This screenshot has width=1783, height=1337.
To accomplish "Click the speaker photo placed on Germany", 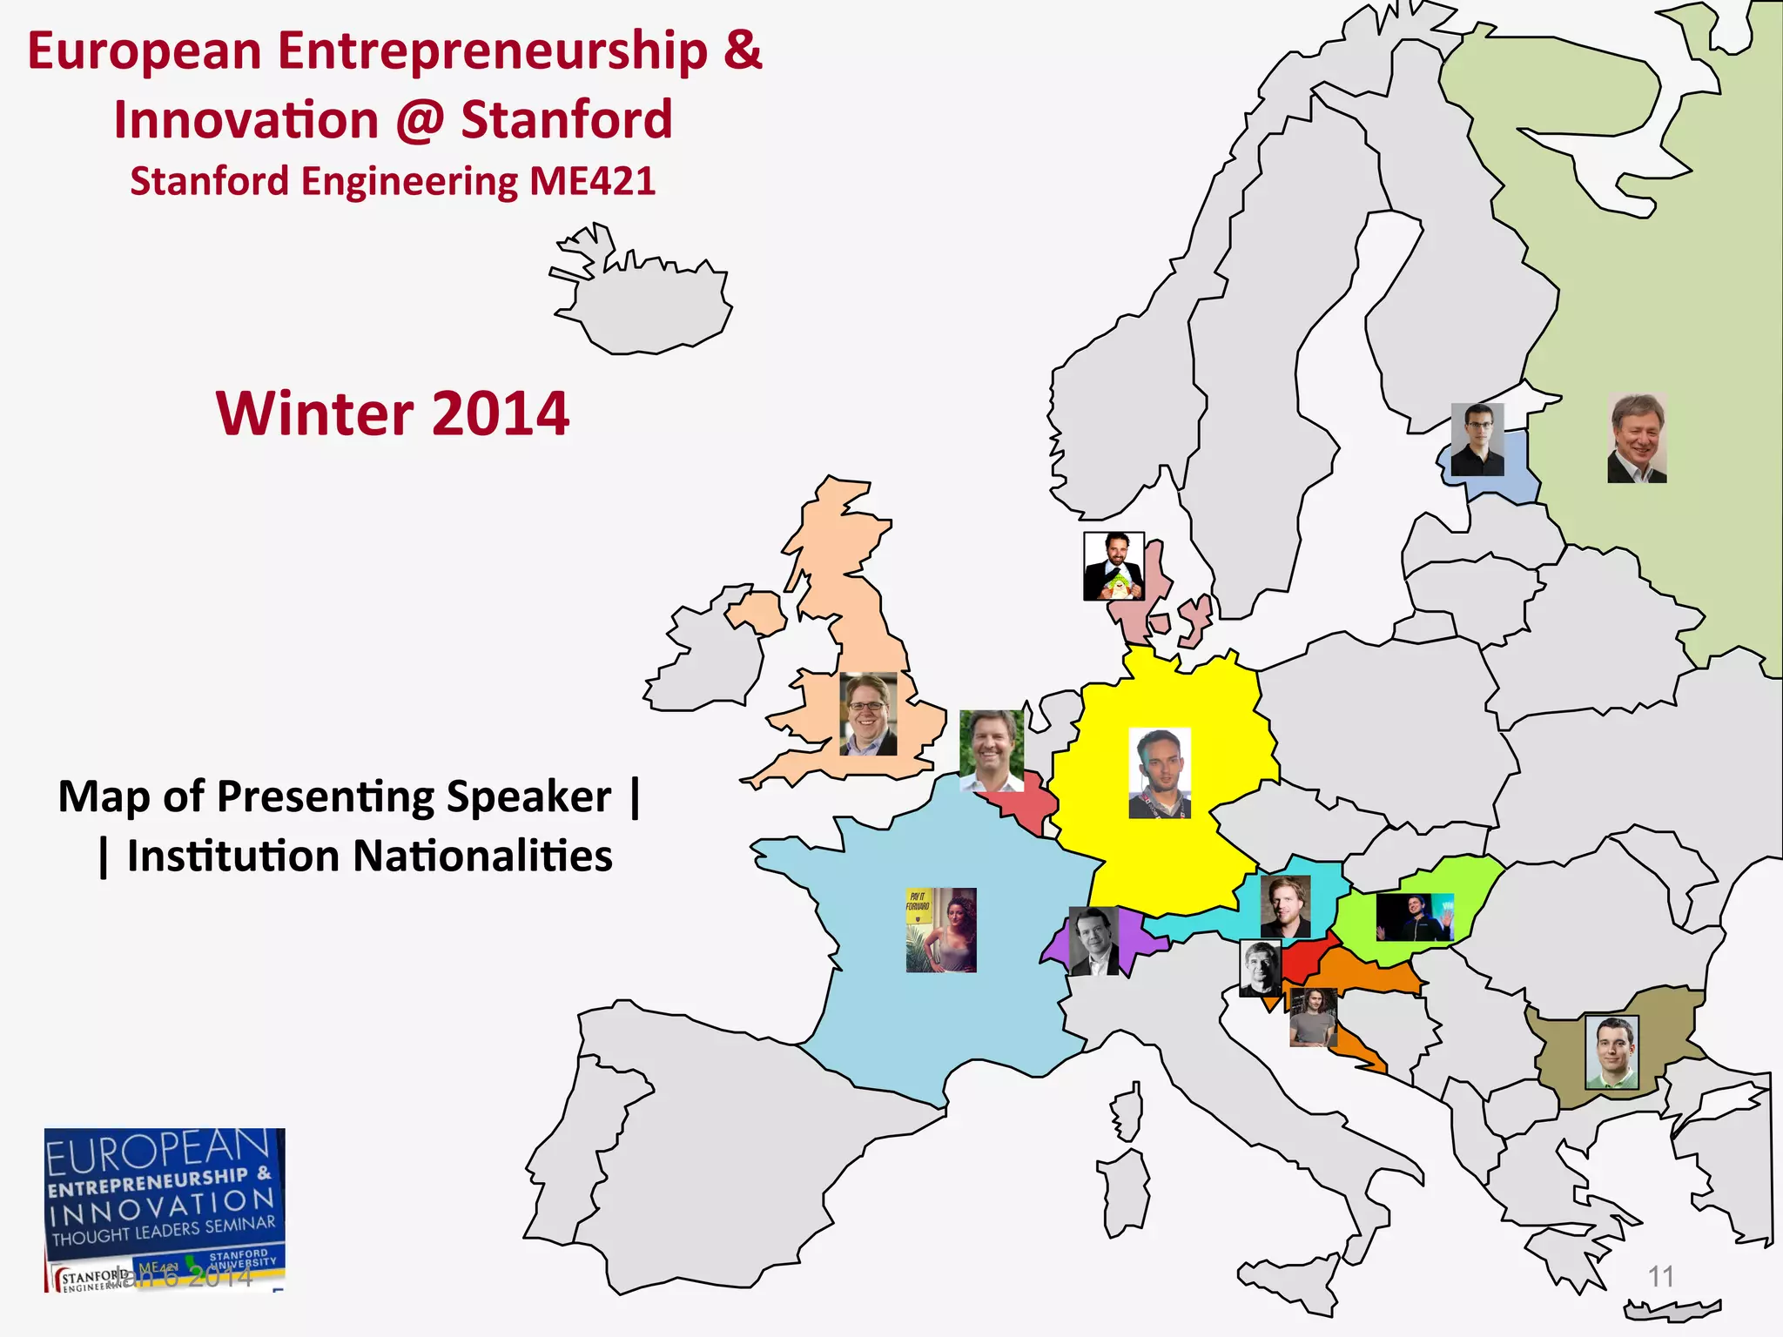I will [1159, 773].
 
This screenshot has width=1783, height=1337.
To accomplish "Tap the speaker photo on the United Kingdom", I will [868, 714].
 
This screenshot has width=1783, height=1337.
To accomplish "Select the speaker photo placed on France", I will [941, 930].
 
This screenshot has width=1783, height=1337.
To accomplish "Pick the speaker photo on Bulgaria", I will [1611, 1051].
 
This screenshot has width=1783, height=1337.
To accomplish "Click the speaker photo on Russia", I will [1637, 438].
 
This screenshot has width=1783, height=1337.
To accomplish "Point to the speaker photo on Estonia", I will [1477, 440].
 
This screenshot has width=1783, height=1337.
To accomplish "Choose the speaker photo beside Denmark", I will [1114, 567].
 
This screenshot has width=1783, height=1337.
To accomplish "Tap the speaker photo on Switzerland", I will [1093, 941].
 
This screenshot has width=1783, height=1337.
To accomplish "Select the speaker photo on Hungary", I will [1415, 917].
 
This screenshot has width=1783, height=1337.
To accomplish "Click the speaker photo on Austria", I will [1285, 906].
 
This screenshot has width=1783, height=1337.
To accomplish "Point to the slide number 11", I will [1661, 1276].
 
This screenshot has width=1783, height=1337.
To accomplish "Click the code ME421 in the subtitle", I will [592, 181].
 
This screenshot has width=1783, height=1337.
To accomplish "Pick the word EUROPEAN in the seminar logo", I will [157, 1152].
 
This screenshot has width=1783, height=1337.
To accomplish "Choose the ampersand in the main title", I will [742, 50].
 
